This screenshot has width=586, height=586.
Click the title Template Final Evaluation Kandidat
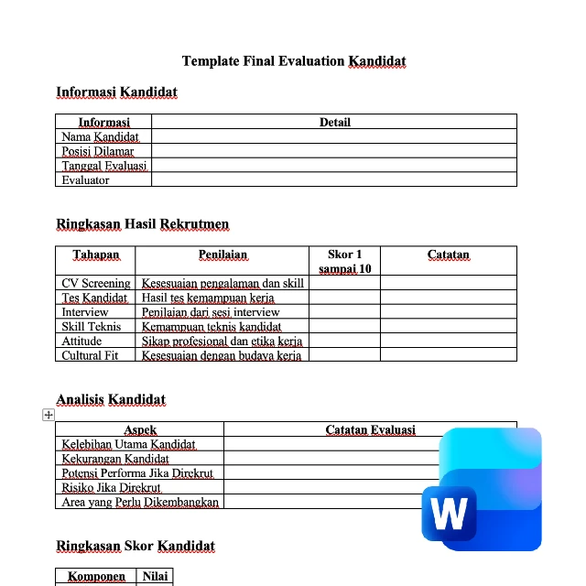(293, 61)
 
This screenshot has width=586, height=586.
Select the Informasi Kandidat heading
(116, 92)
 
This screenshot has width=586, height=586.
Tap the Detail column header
(334, 122)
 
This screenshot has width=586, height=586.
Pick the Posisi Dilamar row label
(97, 151)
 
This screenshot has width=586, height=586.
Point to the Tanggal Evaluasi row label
(103, 166)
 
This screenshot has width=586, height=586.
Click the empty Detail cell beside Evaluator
(334, 180)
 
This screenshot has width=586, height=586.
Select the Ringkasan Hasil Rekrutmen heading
(142, 223)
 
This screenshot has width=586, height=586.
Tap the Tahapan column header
(96, 255)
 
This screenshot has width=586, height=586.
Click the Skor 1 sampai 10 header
(345, 261)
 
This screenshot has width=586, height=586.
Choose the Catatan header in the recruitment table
(448, 255)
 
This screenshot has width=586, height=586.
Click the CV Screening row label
(95, 283)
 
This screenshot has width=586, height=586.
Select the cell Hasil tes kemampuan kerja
(208, 298)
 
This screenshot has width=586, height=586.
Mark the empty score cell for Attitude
(345, 341)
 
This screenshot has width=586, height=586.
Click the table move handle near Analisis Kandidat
(49, 415)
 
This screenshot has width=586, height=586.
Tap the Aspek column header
(140, 429)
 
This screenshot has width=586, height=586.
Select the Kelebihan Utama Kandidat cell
(128, 444)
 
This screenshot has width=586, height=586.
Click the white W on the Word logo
(449, 514)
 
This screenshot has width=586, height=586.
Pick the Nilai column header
(154, 577)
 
